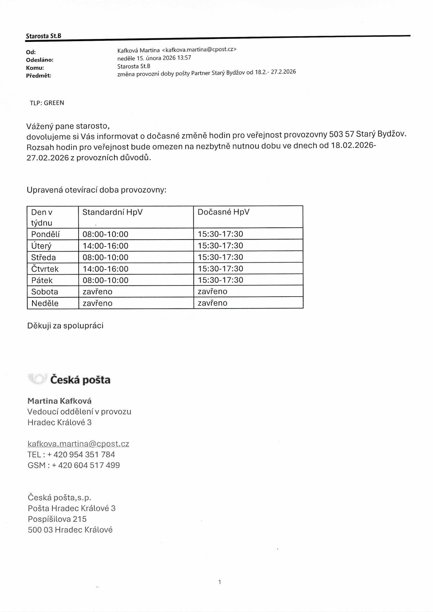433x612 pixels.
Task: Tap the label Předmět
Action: point(39,76)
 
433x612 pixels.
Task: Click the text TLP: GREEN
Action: point(47,103)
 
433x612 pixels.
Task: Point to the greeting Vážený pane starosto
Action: point(68,126)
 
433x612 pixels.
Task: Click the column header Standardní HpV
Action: point(113,212)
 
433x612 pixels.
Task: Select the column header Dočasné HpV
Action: point(223,212)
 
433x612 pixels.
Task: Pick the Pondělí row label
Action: point(45,234)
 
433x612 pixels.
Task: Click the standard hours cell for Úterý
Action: point(105,246)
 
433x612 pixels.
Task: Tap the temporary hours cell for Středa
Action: point(220,257)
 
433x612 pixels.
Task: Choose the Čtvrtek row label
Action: point(45,269)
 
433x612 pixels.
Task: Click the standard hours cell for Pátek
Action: point(105,280)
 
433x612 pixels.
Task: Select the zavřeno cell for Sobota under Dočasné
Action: point(213,292)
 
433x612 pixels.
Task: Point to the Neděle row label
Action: point(45,303)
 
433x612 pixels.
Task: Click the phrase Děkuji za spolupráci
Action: point(65,326)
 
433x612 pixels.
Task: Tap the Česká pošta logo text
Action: point(80,380)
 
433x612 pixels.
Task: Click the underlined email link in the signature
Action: point(78,444)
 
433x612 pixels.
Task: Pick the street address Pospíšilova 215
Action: point(57,519)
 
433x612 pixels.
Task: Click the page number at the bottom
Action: point(219,582)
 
